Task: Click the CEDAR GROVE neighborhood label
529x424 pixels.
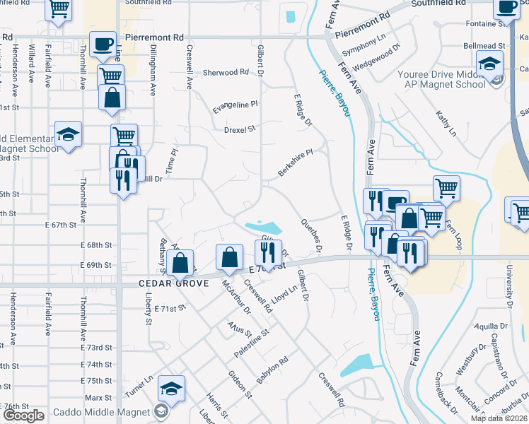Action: (x=173, y=283)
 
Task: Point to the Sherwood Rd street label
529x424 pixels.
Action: (x=226, y=72)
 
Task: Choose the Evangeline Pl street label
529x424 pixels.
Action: (x=236, y=107)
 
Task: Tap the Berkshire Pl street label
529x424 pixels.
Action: (x=295, y=163)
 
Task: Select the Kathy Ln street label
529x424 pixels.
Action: (x=446, y=123)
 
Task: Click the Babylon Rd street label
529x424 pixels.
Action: (x=272, y=370)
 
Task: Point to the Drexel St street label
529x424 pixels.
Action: (x=239, y=129)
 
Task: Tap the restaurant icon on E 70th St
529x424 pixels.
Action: (x=268, y=253)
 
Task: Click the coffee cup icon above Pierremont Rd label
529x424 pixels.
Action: (x=103, y=44)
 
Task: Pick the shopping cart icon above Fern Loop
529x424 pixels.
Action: (x=446, y=188)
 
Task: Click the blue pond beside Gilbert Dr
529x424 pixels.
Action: (x=263, y=228)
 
